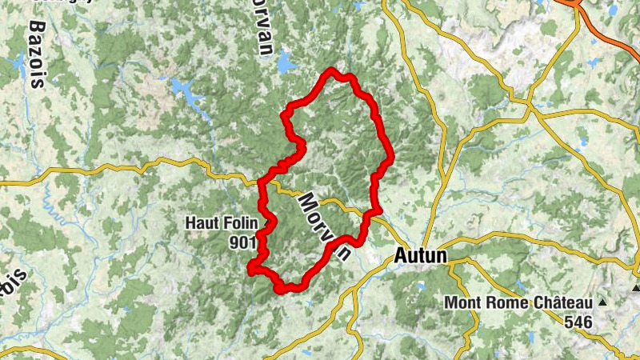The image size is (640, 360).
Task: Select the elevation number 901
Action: pos(242,241)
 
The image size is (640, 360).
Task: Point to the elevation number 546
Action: pos(578,322)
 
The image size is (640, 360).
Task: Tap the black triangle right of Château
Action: pos(601,302)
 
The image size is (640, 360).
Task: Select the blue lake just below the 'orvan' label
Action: pos(286,63)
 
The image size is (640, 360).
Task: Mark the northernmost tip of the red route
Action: pos(330,72)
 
